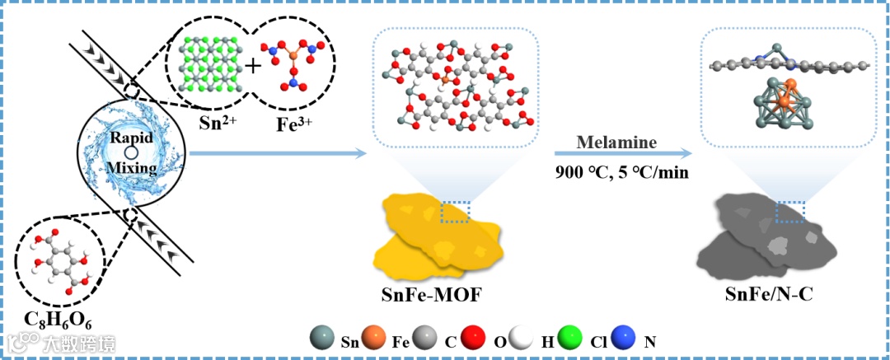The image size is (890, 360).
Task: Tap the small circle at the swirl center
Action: click(x=130, y=153)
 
